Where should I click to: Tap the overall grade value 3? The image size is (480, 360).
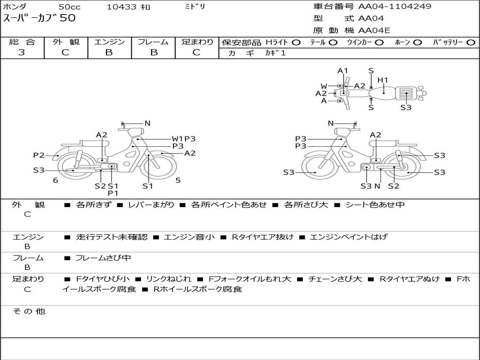[22, 52]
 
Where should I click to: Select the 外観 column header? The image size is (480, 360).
[66, 42]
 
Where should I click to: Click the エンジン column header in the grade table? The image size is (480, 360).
[109, 42]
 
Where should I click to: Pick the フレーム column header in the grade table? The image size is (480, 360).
[153, 42]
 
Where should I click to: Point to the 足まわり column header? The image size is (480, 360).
[197, 42]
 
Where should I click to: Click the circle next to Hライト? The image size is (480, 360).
[296, 43]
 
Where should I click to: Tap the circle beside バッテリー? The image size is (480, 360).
[471, 43]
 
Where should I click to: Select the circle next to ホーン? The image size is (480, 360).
[417, 43]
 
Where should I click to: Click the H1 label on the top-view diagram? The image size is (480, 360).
[383, 80]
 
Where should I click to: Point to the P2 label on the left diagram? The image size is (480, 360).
[38, 155]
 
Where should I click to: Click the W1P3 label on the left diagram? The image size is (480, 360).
[183, 139]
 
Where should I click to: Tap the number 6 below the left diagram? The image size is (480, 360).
[55, 180]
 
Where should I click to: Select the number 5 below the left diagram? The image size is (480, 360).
[178, 180]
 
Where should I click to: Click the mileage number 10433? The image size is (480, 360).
[121, 7]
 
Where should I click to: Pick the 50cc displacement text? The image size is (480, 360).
[69, 7]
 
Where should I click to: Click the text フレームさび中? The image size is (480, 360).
[103, 258]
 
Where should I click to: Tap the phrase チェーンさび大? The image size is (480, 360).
[335, 279]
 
